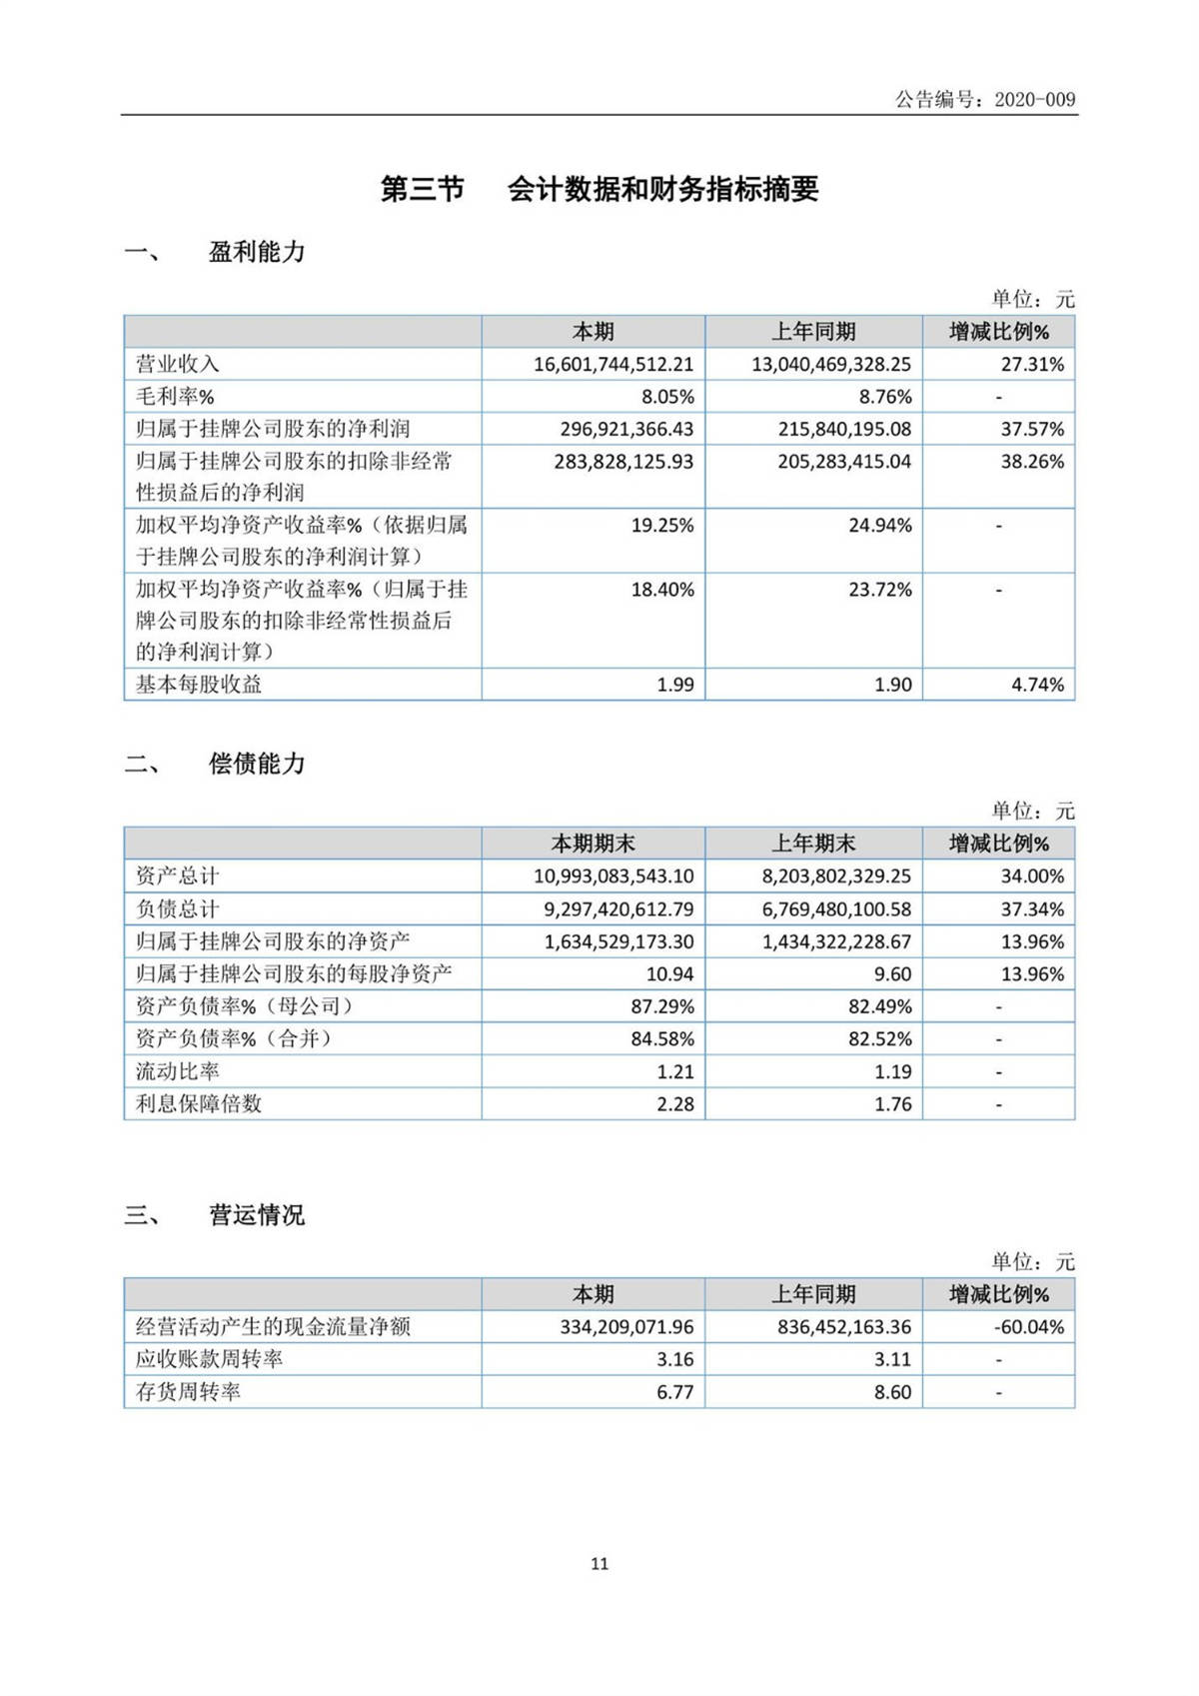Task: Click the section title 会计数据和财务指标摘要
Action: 662,189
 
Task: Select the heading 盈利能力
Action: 257,252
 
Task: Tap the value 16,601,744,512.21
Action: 612,365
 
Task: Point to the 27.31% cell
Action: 1032,365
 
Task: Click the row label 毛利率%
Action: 175,397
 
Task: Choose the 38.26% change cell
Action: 1032,462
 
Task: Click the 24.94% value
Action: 879,526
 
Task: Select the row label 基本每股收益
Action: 199,685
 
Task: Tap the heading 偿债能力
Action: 257,764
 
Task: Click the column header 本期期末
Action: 594,844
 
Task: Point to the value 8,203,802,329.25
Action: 836,876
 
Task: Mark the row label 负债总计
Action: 177,909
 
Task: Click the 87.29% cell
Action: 661,1006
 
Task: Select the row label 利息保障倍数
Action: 199,1104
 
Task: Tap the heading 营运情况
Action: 257,1215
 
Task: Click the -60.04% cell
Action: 1028,1327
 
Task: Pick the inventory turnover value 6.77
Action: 674,1392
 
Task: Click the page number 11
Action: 599,1564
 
